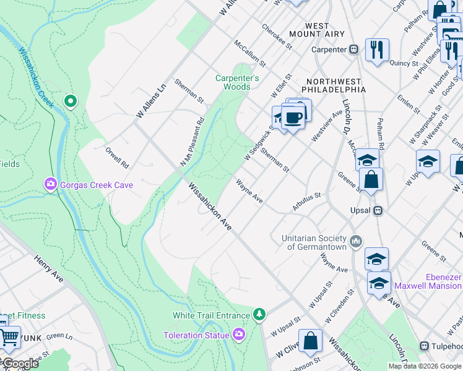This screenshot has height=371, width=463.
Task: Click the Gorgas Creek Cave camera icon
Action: coord(50,184)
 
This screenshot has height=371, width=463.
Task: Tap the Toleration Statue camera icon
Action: coord(240,335)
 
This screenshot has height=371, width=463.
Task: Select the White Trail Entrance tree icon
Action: coord(260,315)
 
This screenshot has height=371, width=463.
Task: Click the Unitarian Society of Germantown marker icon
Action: coord(356,241)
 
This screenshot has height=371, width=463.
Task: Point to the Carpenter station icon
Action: coord(354,49)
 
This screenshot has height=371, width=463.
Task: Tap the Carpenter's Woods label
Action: coord(233,82)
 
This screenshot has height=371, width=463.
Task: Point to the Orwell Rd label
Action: coord(116,157)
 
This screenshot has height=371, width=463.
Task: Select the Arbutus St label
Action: coord(307,203)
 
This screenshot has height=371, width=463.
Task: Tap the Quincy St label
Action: coord(404,63)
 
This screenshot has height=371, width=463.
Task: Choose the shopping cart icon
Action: coord(9,337)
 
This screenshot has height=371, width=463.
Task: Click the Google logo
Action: coord(20,364)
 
